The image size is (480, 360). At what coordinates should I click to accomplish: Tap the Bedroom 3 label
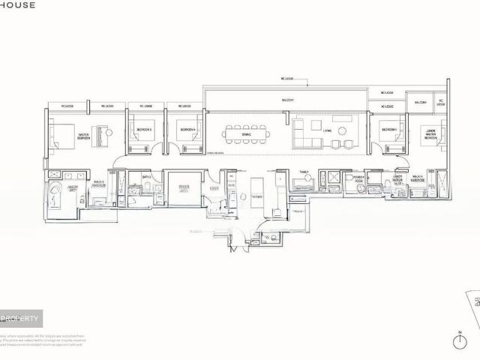tap(144, 130)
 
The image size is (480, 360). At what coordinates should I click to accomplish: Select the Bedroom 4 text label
tap(187, 130)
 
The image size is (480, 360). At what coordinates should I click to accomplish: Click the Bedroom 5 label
tap(388, 130)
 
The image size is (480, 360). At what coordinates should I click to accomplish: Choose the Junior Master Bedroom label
tap(429, 134)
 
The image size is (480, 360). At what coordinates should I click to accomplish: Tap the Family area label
tap(304, 172)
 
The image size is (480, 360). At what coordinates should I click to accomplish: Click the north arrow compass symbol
tap(460, 341)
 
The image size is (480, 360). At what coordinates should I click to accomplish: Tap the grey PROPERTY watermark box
tap(21, 319)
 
